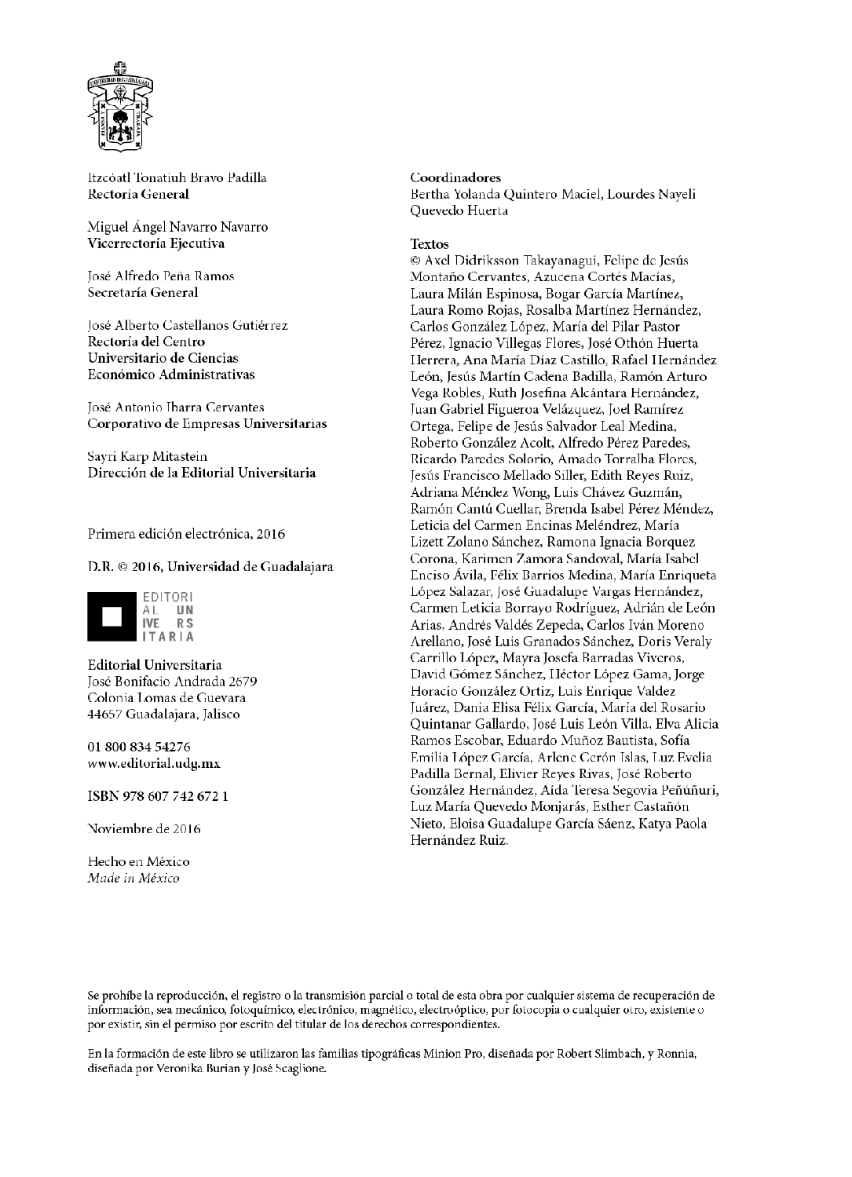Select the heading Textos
(x=430, y=244)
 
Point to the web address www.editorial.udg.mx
(x=154, y=763)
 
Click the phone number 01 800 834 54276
(x=139, y=747)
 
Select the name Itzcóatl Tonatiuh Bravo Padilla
(x=177, y=177)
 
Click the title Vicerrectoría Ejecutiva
(x=156, y=243)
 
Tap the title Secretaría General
(x=143, y=292)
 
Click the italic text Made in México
(x=133, y=878)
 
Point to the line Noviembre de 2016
(x=144, y=829)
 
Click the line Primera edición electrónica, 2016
(x=186, y=534)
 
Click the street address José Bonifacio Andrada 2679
(x=172, y=682)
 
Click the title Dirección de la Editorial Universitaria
(x=202, y=473)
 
